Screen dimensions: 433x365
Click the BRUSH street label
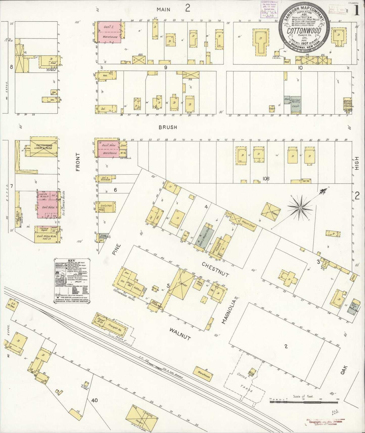click(x=168, y=127)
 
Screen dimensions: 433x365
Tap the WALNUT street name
click(x=180, y=333)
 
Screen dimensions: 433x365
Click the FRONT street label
click(x=78, y=162)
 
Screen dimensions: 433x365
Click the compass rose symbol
click(x=300, y=208)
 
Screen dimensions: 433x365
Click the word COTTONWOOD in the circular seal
click(x=304, y=31)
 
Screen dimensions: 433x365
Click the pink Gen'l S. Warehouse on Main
click(x=109, y=32)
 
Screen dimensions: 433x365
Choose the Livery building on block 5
click(x=182, y=284)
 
